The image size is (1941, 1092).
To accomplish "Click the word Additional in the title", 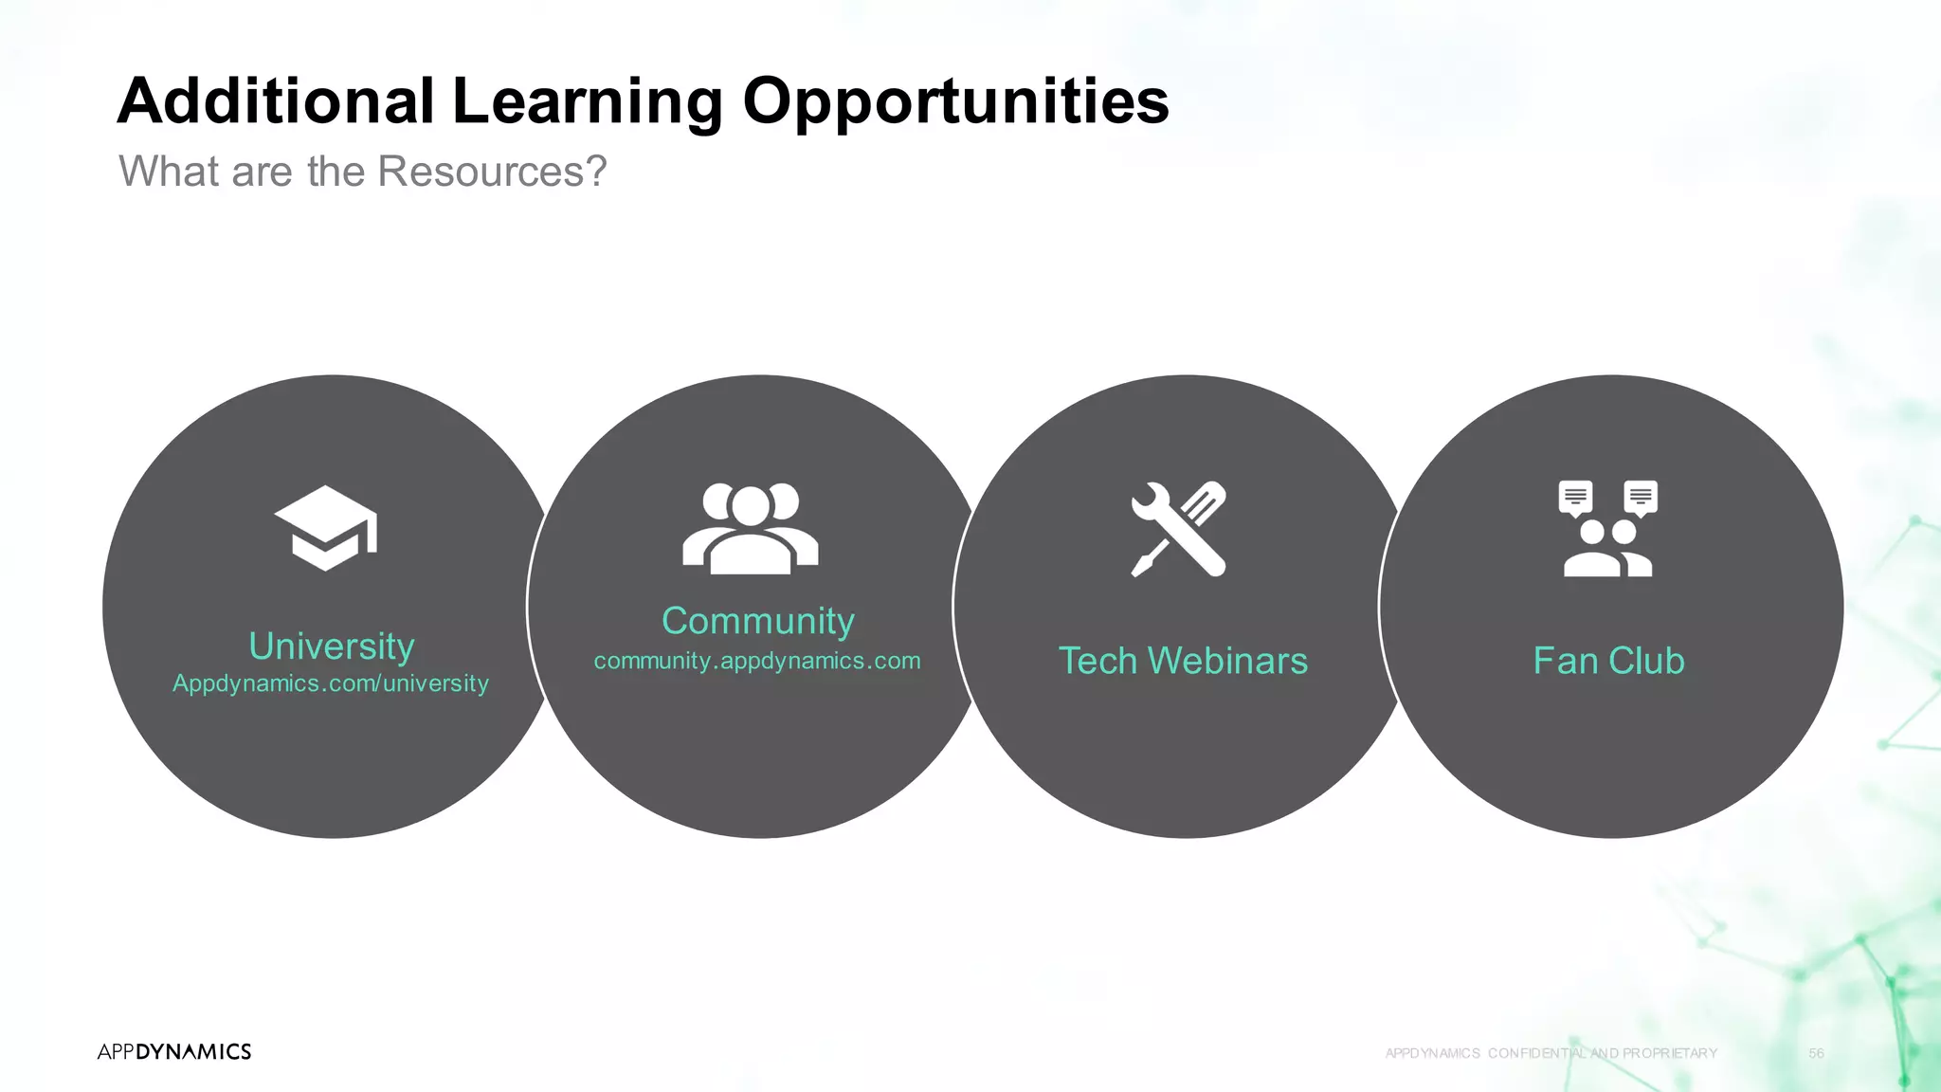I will point(276,100).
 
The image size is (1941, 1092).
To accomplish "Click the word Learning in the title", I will point(588,102).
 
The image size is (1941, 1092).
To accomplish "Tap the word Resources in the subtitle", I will point(491,172).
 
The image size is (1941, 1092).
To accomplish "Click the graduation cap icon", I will point(326,528).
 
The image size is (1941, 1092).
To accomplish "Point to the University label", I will point(332,646).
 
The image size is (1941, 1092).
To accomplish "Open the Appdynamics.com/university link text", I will point(331,683).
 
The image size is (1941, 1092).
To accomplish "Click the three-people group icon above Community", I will point(751,528).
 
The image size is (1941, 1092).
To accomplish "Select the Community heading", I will point(758,622).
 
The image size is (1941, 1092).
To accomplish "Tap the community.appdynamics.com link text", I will point(757,661).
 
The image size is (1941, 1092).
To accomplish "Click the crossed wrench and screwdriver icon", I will point(1178,529).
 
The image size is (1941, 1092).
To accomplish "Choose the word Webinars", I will point(1229,661).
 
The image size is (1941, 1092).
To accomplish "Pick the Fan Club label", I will point(1608,661).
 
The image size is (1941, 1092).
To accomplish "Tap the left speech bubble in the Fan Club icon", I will point(1575,498).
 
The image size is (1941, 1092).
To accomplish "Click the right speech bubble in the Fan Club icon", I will point(1641,498).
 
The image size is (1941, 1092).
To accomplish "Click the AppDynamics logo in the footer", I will point(174,1051).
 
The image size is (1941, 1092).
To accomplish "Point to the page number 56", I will point(1816,1053).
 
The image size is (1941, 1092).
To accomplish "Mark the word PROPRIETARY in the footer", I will point(1670,1053).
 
